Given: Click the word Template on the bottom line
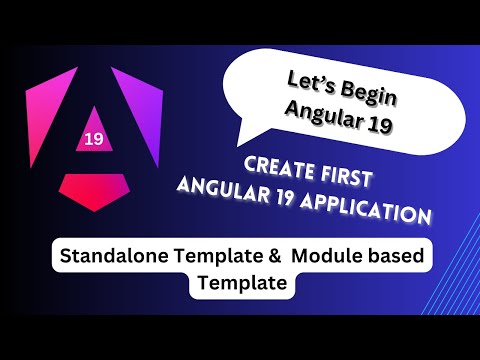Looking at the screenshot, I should coord(241,284).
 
